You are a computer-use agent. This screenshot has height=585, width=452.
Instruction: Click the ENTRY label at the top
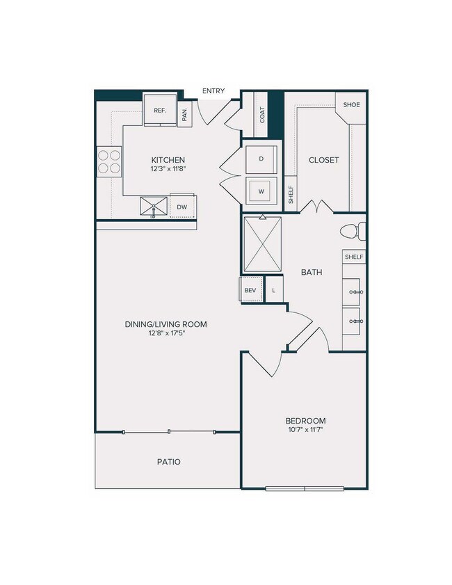(x=213, y=90)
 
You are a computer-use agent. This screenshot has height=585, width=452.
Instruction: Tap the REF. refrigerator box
(x=159, y=110)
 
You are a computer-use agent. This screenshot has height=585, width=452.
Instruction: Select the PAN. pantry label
(x=185, y=115)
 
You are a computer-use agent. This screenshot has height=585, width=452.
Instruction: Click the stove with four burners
(x=109, y=161)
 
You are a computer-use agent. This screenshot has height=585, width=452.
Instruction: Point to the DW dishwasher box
(x=181, y=207)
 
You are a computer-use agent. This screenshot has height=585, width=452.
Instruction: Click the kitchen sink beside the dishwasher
(x=154, y=207)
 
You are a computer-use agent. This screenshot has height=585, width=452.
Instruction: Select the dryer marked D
(x=261, y=159)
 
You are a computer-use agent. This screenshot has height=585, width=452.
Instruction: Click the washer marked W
(x=261, y=191)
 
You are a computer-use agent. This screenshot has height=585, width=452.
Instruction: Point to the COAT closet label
(x=262, y=115)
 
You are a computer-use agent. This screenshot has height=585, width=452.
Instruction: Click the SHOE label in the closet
(x=351, y=104)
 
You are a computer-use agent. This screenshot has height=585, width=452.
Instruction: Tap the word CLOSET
(x=323, y=160)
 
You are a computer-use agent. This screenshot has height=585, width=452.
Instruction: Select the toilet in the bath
(x=351, y=231)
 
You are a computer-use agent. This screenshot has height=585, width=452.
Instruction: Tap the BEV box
(x=250, y=289)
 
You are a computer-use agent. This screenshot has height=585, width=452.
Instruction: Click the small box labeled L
(x=274, y=289)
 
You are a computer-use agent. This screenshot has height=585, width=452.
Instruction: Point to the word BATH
(x=311, y=273)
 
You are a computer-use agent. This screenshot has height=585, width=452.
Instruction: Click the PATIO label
(x=168, y=461)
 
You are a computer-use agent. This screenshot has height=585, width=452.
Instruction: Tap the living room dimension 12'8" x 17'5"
(x=166, y=333)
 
